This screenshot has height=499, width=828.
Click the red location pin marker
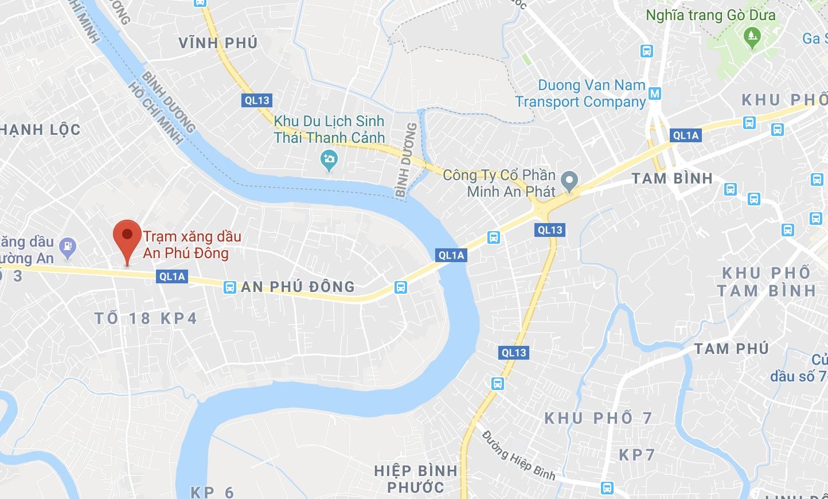coord(127,239)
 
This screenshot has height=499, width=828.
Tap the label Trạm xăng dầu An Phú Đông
coord(192,245)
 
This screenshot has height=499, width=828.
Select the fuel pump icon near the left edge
coord(68,246)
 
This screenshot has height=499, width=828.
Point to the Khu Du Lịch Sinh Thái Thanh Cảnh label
coord(329,129)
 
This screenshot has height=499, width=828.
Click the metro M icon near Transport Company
coord(655,93)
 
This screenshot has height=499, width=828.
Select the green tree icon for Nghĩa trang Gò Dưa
coord(751,38)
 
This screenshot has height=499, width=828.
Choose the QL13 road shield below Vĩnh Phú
coord(256,100)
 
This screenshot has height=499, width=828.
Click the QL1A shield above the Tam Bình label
coord(686,135)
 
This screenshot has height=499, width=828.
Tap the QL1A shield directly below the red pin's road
coord(172,276)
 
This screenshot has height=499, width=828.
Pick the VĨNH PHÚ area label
coord(218,43)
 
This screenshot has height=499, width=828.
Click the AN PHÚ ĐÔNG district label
coord(298,287)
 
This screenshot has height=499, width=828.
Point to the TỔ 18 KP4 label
coord(146,318)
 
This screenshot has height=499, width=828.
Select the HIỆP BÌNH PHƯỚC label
coord(416,479)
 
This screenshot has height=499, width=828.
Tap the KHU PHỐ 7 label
coord(598,418)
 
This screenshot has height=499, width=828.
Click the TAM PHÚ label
coord(731,348)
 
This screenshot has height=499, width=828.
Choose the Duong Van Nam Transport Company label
coord(581,93)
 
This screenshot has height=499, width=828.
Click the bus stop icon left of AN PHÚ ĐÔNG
coord(229,287)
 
